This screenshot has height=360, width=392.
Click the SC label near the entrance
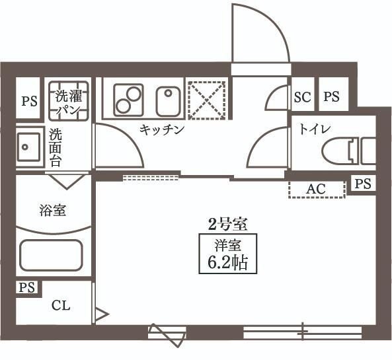pos(302,97)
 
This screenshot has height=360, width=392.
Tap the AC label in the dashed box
pos(316,189)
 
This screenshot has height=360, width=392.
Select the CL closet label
pos(61,306)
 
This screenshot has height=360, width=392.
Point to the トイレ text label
pos(315,128)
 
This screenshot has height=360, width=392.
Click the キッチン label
pos(161,130)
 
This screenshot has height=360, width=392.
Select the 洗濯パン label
pos(68,100)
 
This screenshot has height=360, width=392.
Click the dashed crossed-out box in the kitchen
pos(206,100)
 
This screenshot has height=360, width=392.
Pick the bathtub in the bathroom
pos(51,256)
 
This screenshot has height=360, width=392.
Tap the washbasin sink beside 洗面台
pos(28,146)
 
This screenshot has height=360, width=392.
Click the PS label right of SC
pos(331,97)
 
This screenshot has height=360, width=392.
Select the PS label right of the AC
pos(362,184)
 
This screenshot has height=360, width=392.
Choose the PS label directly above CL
pos(26,287)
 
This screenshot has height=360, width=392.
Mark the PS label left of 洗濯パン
pos(28,101)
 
